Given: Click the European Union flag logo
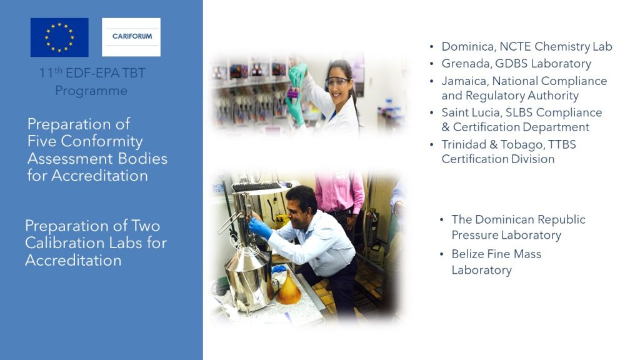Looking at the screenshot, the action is [x=59, y=37].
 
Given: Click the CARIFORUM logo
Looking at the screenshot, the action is [x=131, y=37].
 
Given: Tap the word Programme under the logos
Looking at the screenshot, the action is [x=91, y=91].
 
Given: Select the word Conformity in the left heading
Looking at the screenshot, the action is [x=102, y=141].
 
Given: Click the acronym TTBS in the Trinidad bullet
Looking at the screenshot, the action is [x=562, y=144].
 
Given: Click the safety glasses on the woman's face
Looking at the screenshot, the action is [x=338, y=82].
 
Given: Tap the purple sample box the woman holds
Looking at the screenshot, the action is [x=293, y=93].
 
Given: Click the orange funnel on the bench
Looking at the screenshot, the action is [x=289, y=288].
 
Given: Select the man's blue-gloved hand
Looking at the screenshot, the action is [x=260, y=227].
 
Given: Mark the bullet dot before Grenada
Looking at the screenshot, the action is [x=432, y=64].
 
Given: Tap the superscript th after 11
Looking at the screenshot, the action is [x=58, y=69].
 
